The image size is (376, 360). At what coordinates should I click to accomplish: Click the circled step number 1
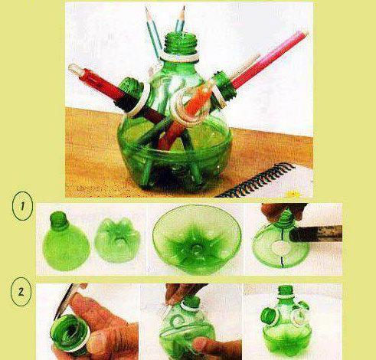click(x=22, y=206)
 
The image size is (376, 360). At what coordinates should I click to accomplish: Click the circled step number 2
click(x=21, y=292)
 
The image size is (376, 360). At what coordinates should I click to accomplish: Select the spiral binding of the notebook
click(x=255, y=180)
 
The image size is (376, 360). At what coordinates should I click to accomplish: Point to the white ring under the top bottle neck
click(x=180, y=57)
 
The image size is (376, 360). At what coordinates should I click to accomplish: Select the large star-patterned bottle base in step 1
click(x=197, y=239)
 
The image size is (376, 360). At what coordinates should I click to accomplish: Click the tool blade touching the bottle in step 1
click(x=316, y=234)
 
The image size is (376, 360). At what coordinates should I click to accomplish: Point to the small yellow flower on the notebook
click(x=293, y=194)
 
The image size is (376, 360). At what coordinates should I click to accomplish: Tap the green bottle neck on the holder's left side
click(x=131, y=87)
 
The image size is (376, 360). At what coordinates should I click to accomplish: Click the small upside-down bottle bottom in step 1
click(x=118, y=241)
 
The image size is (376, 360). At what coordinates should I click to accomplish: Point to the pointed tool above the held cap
click(x=67, y=301)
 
